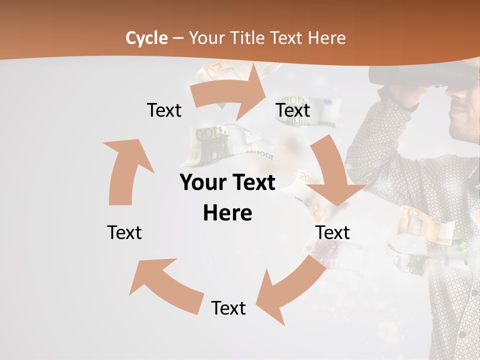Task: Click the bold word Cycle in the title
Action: click(146, 37)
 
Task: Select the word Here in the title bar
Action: click(326, 37)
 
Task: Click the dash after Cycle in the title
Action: click(178, 38)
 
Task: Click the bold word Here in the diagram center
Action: click(227, 213)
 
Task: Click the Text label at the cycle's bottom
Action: click(228, 308)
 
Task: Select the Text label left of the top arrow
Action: click(164, 110)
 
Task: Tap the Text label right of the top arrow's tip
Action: click(293, 110)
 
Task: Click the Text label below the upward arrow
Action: click(124, 232)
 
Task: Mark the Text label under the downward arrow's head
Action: click(332, 232)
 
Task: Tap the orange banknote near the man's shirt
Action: click(425, 225)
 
